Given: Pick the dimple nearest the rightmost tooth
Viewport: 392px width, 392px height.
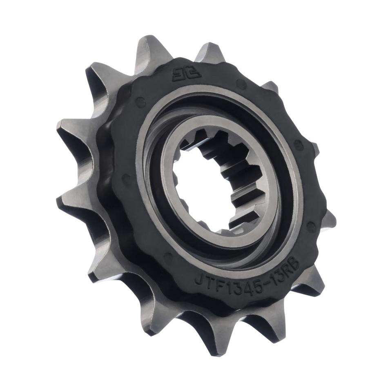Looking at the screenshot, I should pyautogui.click(x=312, y=225).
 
